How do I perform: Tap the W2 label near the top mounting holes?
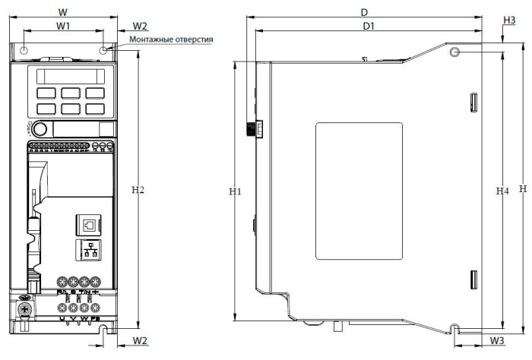(x=141, y=26)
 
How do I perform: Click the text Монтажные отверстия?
(x=171, y=39)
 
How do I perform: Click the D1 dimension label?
(x=369, y=26)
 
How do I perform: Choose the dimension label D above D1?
(x=365, y=12)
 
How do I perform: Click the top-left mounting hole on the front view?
(x=24, y=50)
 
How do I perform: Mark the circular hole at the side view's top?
(x=454, y=52)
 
